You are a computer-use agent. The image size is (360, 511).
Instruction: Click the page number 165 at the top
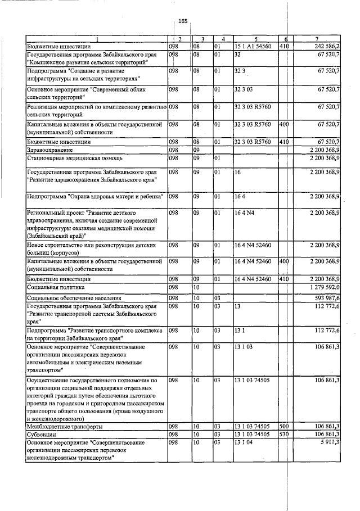click(x=182, y=21)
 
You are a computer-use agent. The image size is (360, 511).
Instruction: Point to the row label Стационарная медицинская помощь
click(x=70, y=158)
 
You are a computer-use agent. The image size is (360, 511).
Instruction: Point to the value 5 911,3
click(x=329, y=442)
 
